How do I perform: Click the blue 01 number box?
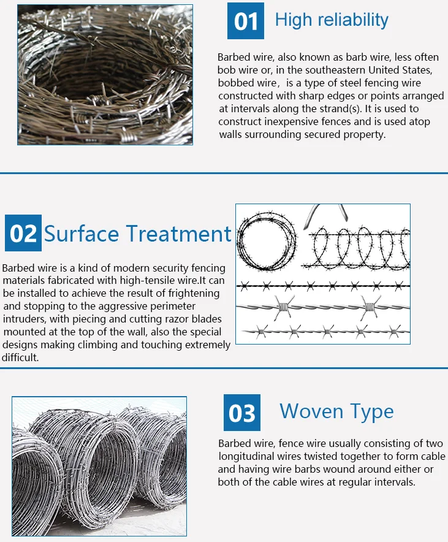(246, 21)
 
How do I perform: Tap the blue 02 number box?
(23, 233)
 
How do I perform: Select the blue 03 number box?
(241, 413)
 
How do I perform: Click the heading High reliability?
(332, 20)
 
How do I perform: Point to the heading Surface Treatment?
(138, 233)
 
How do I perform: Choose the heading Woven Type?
(336, 411)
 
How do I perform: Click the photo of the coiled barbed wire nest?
(105, 75)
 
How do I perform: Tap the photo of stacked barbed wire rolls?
(99, 456)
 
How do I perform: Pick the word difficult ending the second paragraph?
(20, 357)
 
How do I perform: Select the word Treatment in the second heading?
(179, 233)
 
